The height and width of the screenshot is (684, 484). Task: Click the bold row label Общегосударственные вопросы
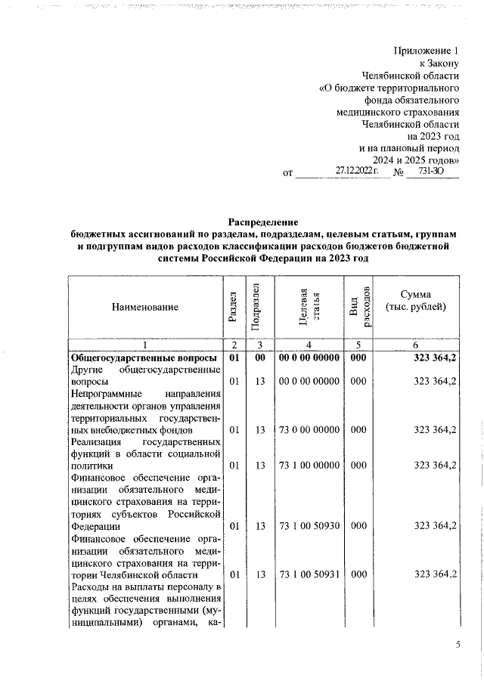(x=144, y=357)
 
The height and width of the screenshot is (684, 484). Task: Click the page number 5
(x=458, y=645)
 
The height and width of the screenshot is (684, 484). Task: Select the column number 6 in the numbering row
(x=415, y=345)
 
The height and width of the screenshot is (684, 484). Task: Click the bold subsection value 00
(x=258, y=357)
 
